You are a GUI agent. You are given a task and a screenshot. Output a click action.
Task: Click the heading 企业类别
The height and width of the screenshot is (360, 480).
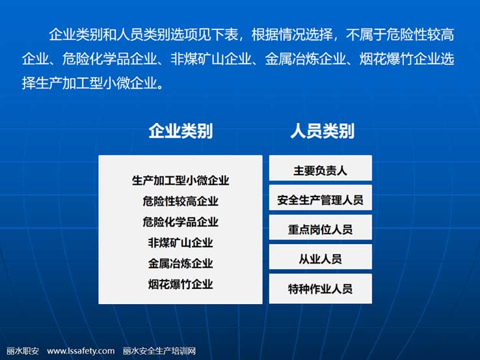point(181,131)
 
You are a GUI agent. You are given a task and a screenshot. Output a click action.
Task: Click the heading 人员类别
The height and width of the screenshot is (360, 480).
point(322,131)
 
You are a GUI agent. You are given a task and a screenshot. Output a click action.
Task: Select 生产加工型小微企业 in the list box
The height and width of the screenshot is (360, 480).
point(181,180)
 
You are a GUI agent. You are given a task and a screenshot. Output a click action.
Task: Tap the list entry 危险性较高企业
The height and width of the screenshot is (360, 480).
point(181,201)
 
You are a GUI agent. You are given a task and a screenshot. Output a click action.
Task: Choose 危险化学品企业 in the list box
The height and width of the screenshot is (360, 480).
point(181,222)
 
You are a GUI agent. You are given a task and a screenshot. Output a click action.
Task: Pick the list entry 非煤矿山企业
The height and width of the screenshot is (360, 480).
point(181,243)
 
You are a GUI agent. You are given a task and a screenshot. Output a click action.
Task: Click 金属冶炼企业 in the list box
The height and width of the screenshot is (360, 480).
point(181,263)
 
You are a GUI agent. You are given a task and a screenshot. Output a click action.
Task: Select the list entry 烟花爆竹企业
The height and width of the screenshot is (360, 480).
point(181,284)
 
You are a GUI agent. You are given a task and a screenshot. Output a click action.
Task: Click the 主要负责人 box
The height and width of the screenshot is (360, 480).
point(321,168)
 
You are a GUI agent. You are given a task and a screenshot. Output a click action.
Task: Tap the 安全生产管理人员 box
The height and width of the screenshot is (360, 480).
point(321,198)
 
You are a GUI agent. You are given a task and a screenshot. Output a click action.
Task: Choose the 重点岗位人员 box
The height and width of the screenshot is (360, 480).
point(321,227)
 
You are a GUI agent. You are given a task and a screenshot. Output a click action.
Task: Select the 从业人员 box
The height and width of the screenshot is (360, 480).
point(321,256)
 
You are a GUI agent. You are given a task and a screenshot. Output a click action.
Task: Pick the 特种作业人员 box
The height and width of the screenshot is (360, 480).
point(321,288)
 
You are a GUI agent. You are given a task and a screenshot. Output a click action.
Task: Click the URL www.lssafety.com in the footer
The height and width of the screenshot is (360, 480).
point(81,351)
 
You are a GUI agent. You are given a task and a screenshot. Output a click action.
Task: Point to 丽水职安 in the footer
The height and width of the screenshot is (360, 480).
point(23,351)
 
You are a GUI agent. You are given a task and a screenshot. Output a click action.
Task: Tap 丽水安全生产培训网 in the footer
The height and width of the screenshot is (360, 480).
point(159,351)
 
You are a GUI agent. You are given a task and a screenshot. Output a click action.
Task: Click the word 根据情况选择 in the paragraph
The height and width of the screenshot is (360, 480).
point(292,35)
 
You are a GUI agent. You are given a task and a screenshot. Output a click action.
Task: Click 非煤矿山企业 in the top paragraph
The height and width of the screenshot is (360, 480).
point(211,59)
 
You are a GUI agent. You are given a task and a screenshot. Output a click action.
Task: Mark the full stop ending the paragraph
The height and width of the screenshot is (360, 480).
point(160,87)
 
